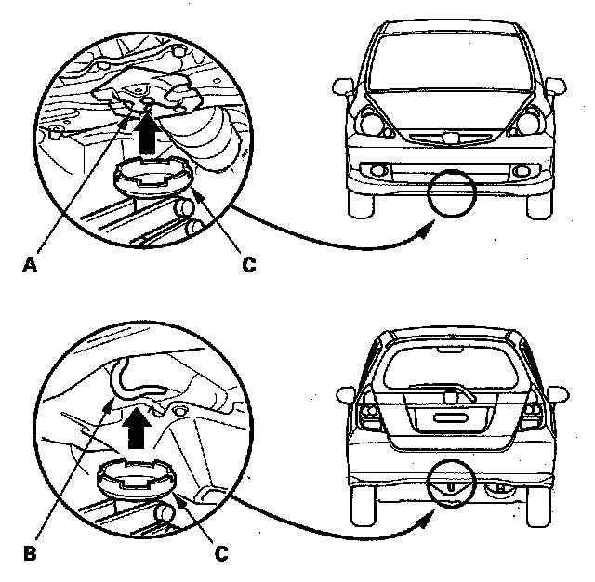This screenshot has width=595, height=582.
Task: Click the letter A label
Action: click(30, 264)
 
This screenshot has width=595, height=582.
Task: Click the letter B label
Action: click(30, 553)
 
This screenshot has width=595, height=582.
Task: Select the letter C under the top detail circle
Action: click(249, 264)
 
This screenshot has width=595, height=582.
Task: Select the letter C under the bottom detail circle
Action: click(221, 553)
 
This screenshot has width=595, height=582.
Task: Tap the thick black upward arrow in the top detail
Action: click(147, 135)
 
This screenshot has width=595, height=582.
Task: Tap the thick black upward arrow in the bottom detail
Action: click(137, 428)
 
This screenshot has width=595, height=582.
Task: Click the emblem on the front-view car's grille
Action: click(450, 138)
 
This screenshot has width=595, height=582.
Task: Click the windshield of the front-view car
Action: click(450, 62)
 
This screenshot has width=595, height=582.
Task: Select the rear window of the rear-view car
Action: click(450, 368)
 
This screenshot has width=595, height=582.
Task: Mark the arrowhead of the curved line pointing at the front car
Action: click(427, 230)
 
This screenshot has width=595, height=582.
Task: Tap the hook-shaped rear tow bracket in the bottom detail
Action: click(131, 379)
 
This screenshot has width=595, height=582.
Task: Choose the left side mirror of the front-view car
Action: click(343, 86)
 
